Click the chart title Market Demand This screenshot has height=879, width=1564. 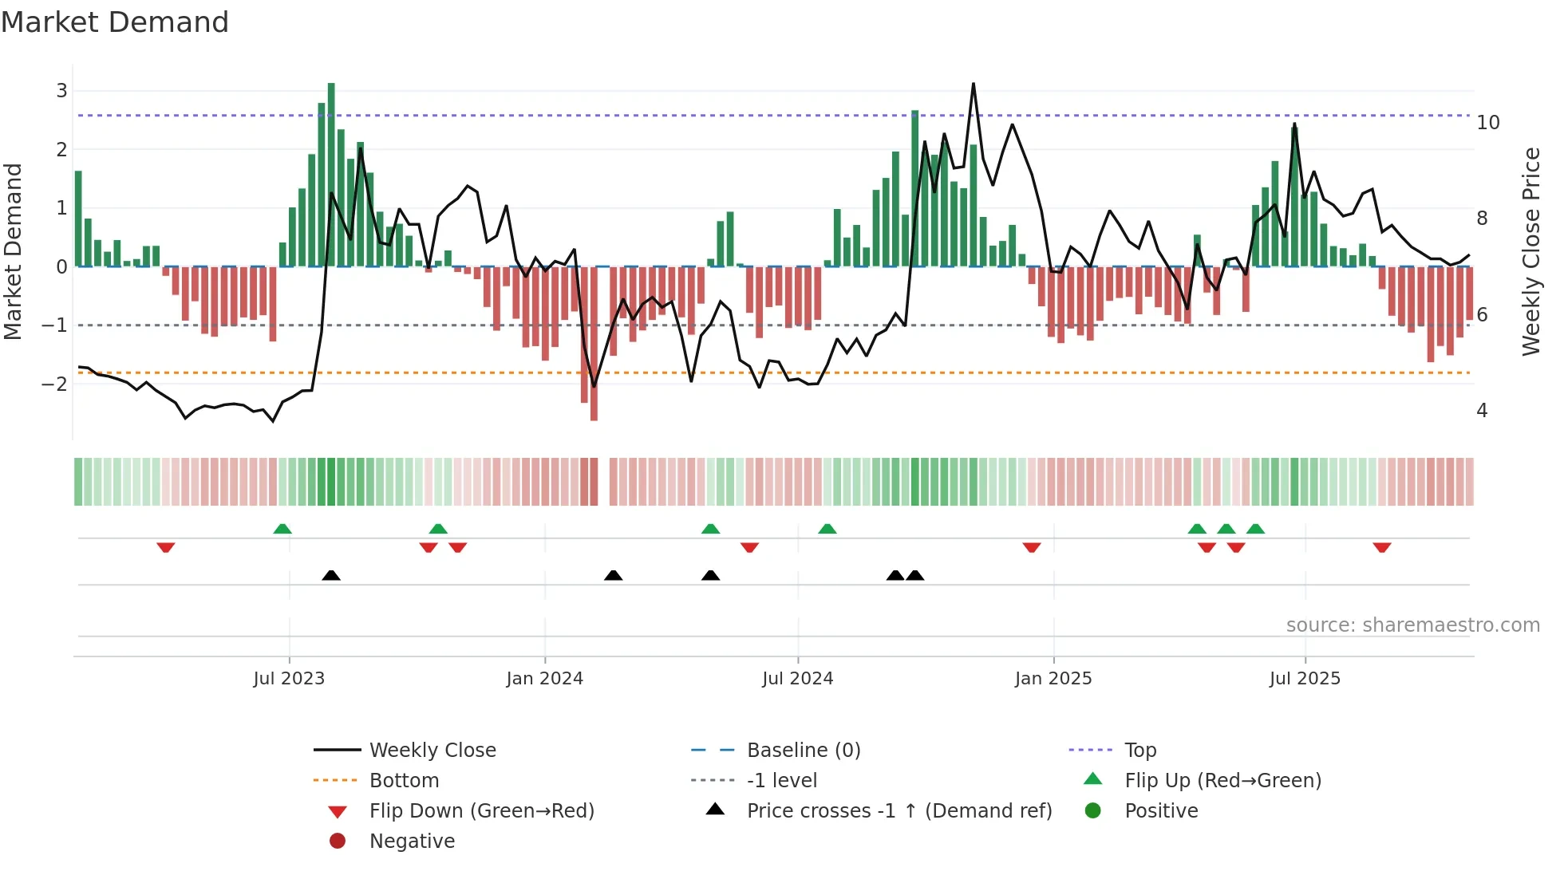115,22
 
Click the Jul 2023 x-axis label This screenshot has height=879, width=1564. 289,679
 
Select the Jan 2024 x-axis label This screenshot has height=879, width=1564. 544,679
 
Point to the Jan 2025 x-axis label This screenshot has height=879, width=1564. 1053,679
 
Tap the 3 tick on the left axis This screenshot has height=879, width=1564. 61,91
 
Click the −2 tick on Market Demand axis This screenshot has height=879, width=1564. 54,384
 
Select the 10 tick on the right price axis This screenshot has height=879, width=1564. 1487,123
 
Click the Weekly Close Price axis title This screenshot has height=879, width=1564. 1530,251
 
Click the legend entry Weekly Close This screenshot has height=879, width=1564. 432,751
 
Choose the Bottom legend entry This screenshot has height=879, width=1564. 404,781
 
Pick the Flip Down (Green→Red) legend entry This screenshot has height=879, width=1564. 481,811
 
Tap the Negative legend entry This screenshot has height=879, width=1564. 412,842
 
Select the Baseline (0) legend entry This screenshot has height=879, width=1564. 803,751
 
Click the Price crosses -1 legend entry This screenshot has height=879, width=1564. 899,811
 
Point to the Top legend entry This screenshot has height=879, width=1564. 1139,751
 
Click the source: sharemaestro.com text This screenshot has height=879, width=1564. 1412,625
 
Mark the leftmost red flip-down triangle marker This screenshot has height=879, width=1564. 166,547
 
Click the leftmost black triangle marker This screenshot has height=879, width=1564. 331,575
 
